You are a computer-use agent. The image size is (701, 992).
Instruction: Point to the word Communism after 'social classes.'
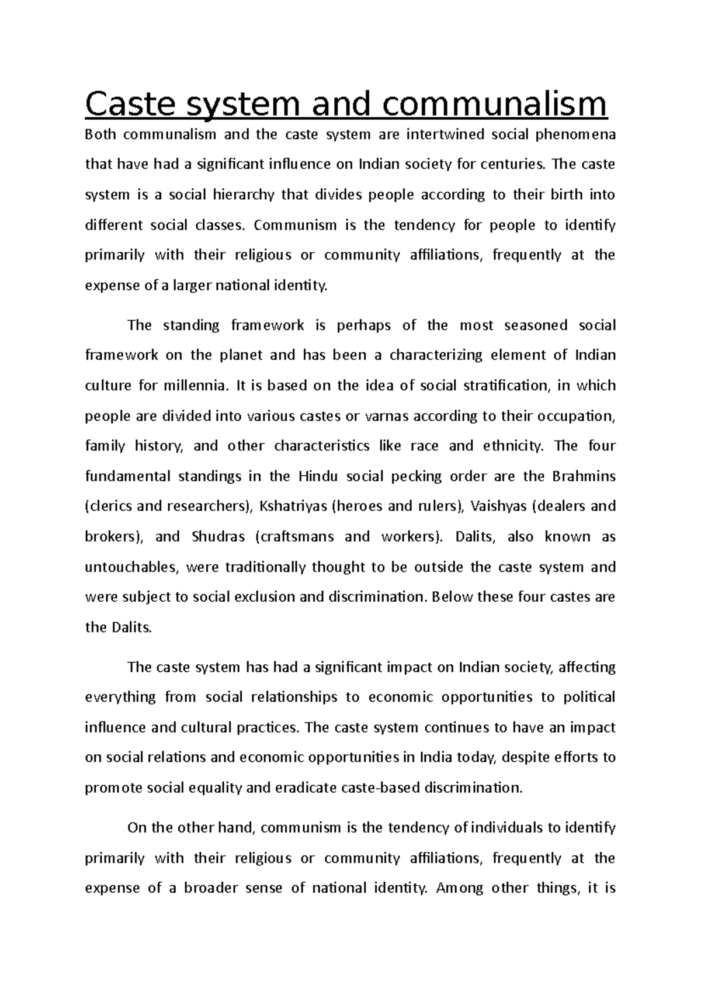click(296, 226)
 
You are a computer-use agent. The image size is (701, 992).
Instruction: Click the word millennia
click(195, 386)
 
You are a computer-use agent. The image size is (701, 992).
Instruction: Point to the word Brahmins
click(584, 477)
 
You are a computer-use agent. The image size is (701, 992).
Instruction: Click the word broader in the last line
click(209, 889)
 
